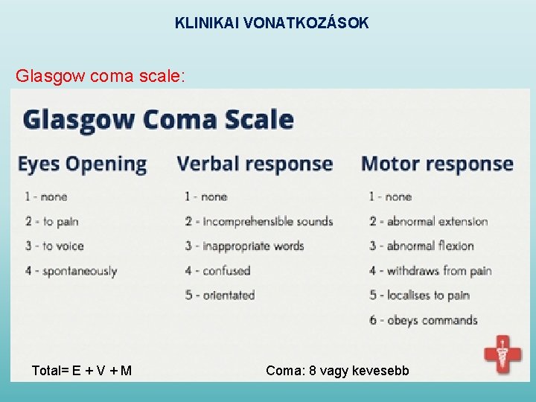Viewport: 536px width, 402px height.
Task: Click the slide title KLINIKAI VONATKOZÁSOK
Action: coord(272,23)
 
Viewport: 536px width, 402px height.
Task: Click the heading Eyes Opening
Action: coord(82,164)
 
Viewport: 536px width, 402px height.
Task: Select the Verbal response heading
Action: coord(255,164)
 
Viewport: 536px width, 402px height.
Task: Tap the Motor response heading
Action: coord(437,164)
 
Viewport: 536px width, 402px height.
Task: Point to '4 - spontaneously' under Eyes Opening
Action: coord(71,271)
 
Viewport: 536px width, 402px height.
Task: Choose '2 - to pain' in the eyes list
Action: coord(51,221)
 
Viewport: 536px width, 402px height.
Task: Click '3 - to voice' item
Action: coord(54,246)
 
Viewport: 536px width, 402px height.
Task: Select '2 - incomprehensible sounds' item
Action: coord(258,221)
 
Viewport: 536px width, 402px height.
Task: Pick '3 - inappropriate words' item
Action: coord(244,246)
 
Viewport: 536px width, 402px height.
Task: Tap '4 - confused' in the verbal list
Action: coord(217,271)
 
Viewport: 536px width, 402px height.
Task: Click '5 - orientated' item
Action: coord(220,296)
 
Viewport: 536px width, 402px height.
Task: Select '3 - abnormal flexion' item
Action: coord(421,246)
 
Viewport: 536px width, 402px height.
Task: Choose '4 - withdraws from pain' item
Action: coord(430,271)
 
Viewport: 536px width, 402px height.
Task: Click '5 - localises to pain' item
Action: coord(419,296)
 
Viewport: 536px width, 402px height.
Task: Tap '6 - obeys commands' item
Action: coord(423,321)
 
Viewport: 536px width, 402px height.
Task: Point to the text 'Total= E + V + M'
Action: coord(82,370)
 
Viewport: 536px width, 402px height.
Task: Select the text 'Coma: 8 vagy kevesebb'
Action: coord(337,370)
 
